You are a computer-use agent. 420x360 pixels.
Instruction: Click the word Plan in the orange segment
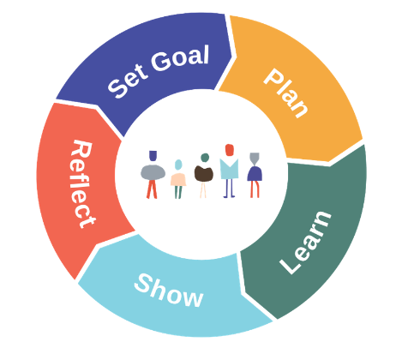[285, 93]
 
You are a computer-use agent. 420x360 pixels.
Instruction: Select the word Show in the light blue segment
[169, 291]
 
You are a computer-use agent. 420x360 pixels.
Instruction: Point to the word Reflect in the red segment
[82, 184]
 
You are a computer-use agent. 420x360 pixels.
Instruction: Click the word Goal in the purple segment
[180, 58]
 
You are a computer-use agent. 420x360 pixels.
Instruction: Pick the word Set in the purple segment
[128, 81]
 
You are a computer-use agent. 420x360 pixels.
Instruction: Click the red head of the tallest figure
[230, 150]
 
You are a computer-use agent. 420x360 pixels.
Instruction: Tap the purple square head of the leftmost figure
[153, 156]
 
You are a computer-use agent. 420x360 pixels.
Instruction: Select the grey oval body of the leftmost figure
[153, 172]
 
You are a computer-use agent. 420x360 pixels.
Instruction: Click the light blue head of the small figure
[178, 165]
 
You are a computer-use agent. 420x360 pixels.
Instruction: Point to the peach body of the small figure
[178, 179]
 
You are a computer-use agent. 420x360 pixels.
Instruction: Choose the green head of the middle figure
[205, 158]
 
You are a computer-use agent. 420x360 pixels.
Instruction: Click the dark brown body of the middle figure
[204, 173]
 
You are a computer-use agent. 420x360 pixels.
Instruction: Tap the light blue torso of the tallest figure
[229, 169]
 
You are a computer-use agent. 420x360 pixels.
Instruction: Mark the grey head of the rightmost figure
[255, 158]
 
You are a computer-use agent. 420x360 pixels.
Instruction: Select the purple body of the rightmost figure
[255, 173]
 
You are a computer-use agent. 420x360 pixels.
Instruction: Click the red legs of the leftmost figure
[152, 189]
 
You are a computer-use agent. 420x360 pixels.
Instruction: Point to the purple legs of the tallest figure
[229, 189]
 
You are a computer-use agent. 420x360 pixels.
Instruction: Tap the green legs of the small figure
[178, 192]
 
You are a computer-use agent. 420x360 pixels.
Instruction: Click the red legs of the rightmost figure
[255, 189]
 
